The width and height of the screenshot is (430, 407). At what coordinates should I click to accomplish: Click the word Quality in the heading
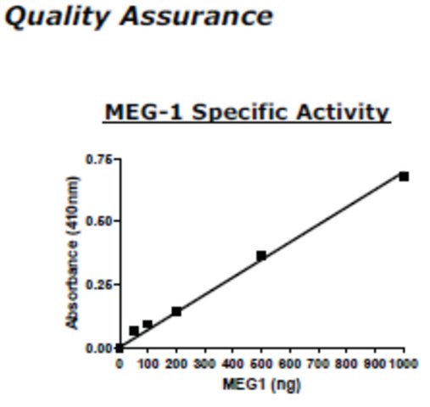(x=57, y=18)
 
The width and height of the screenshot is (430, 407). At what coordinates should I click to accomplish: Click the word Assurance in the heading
(x=197, y=16)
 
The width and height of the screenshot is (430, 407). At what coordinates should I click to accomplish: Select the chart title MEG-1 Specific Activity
(x=247, y=113)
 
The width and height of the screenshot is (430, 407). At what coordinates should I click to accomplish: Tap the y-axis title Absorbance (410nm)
(x=72, y=253)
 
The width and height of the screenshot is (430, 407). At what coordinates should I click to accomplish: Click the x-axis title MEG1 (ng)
(x=262, y=385)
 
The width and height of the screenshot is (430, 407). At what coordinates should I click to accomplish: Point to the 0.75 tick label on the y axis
(x=99, y=159)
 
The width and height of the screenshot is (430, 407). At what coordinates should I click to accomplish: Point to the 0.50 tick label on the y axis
(x=99, y=221)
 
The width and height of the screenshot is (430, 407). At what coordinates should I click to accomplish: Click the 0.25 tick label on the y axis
(x=99, y=285)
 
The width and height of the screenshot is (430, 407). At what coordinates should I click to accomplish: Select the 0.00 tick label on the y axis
(x=99, y=348)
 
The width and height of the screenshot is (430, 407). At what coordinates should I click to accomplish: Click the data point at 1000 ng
(x=404, y=176)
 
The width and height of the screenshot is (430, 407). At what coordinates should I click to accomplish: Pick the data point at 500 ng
(x=261, y=256)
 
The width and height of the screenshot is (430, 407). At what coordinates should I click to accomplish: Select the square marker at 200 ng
(x=176, y=311)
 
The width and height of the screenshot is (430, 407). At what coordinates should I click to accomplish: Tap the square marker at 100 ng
(x=148, y=325)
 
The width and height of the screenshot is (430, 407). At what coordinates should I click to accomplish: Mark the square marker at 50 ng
(x=134, y=331)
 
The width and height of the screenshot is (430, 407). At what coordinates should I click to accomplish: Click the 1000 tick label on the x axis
(x=404, y=364)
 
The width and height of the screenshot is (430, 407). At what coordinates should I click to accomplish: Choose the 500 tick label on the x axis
(x=261, y=364)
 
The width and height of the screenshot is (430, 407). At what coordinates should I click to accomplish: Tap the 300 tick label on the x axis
(x=204, y=364)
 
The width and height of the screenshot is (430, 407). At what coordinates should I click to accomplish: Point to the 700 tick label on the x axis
(x=319, y=364)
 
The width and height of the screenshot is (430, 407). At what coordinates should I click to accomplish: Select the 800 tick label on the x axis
(x=346, y=364)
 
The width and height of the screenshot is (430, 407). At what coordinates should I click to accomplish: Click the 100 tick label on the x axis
(x=148, y=364)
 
